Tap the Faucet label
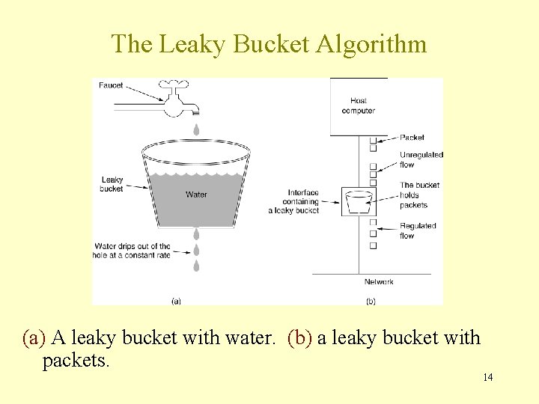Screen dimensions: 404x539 coord(111,85)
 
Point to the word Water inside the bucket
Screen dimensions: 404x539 coord(196,195)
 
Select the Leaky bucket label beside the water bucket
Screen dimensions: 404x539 coord(112,184)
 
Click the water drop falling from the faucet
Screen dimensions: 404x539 coord(196,129)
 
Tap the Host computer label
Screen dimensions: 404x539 coord(358,105)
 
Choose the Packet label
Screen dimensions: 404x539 coord(412,138)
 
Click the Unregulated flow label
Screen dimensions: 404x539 coord(421,159)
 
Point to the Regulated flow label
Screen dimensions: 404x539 coord(418,230)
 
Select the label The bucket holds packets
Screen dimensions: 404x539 coord(419,195)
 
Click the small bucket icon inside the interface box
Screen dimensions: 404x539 coord(360,201)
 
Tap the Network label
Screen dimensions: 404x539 coord(379,282)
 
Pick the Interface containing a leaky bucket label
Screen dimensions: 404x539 coord(293,201)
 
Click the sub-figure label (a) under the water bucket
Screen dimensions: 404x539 coord(176,302)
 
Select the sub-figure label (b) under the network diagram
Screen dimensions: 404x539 coord(370,302)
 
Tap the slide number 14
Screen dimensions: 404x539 coord(487,377)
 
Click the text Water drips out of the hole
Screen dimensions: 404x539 coord(133,250)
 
